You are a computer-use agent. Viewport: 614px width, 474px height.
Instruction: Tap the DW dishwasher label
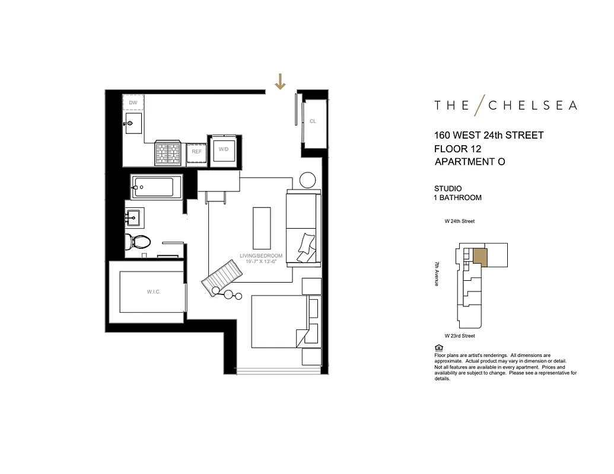click(133, 103)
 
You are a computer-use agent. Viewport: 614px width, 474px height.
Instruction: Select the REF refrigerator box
click(196, 152)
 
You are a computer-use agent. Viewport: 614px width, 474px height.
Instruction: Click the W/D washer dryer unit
click(223, 149)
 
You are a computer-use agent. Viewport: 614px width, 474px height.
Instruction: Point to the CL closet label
click(313, 121)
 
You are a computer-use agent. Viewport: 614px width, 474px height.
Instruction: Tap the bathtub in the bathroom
click(153, 188)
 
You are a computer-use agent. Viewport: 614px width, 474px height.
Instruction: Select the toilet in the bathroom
click(138, 242)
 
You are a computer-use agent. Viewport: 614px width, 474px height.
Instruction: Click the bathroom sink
click(132, 217)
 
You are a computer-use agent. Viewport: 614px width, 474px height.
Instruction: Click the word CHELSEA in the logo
click(532, 105)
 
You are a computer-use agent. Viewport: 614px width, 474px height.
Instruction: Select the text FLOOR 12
click(457, 149)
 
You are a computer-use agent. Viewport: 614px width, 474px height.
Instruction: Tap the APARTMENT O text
click(469, 162)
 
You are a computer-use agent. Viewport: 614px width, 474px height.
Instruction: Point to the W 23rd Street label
click(460, 336)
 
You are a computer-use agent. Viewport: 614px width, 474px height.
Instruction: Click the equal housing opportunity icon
click(438, 348)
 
